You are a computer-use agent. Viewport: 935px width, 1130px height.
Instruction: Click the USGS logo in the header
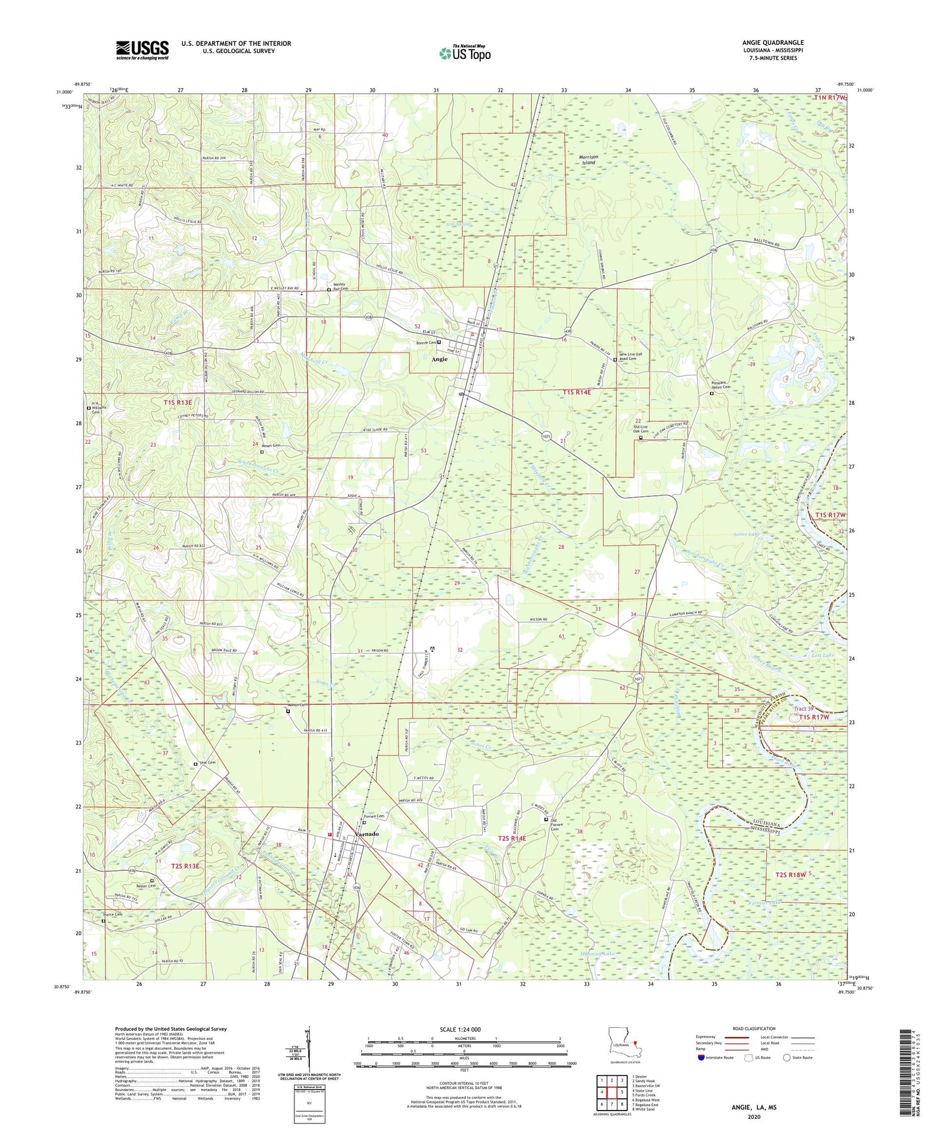pos(142,50)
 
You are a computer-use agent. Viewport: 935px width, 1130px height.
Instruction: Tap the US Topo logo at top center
pos(465,53)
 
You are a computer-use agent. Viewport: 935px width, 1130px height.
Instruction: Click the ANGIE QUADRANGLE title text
pos(773,43)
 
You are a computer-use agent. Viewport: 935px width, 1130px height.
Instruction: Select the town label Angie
pos(440,359)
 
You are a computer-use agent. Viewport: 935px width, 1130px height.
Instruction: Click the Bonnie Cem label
pos(425,342)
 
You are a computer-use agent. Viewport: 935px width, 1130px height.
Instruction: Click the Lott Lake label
pos(823,656)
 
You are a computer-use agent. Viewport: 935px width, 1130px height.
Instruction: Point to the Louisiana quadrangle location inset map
pos(624,1045)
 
